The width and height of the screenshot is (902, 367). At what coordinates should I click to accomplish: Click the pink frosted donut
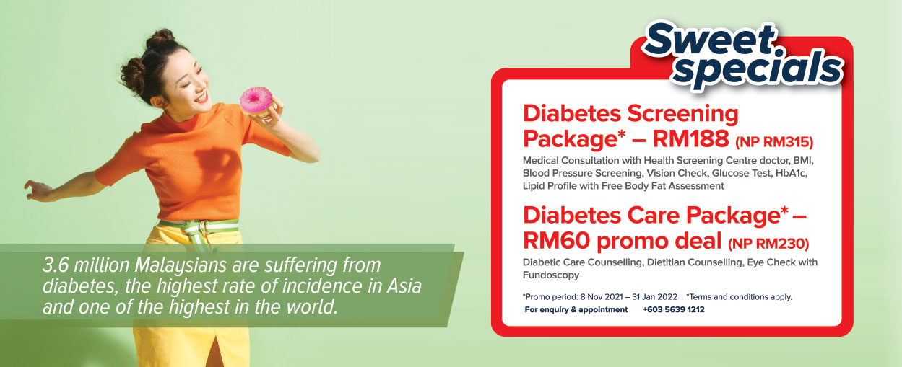pyautogui.click(x=256, y=100)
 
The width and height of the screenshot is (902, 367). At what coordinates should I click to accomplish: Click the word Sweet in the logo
pyautogui.click(x=709, y=40)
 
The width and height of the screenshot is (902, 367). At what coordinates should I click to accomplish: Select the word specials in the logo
pyautogui.click(x=758, y=69)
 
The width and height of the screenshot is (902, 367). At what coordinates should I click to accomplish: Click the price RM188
pyautogui.click(x=690, y=138)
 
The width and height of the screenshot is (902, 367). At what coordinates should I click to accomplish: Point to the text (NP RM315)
pyautogui.click(x=774, y=142)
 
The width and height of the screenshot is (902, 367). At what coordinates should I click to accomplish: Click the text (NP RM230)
pyautogui.click(x=768, y=244)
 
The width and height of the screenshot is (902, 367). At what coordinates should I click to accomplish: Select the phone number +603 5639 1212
pyautogui.click(x=674, y=309)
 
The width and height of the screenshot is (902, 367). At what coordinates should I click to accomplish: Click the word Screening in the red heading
pyautogui.click(x=682, y=114)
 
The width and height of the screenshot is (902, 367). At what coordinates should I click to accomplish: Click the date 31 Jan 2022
pyautogui.click(x=655, y=297)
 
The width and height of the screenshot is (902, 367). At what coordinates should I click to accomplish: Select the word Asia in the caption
pyautogui.click(x=404, y=286)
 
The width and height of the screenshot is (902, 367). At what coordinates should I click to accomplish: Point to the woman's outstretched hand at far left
pyautogui.click(x=36, y=190)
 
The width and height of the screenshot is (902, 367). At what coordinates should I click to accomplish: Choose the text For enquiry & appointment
pyautogui.click(x=576, y=309)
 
